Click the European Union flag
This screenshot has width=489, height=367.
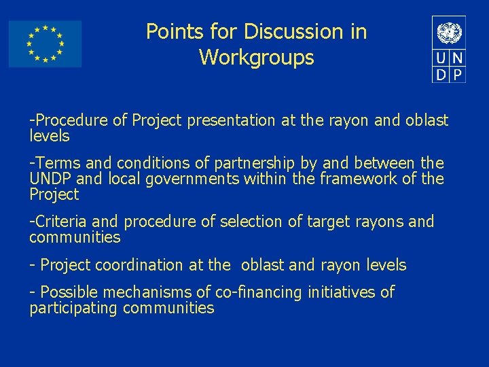pos(45,43)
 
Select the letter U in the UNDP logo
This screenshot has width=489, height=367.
pos(441,58)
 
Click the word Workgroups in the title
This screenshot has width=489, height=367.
pos(256,58)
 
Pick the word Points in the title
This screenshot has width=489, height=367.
pos(170,32)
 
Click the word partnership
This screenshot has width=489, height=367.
pos(255,164)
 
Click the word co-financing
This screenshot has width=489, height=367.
pos(258,293)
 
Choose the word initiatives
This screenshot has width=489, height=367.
pos(341,293)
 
